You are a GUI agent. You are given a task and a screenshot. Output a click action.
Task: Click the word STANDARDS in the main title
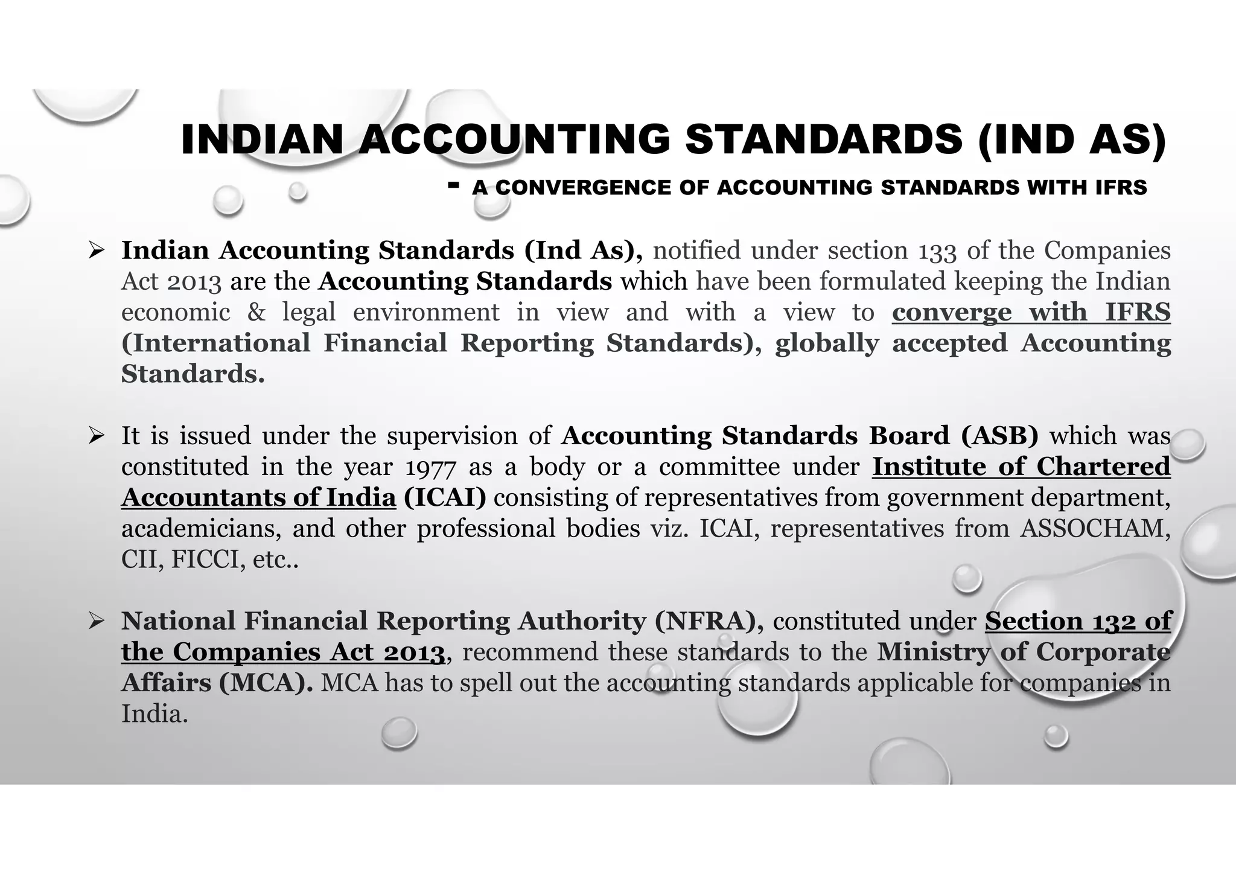[x=824, y=139]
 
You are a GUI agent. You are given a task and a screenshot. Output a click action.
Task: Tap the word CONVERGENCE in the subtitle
[x=583, y=188]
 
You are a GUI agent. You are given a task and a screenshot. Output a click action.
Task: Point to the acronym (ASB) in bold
[x=999, y=436]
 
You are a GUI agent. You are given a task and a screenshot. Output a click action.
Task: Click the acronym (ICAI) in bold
[x=445, y=498]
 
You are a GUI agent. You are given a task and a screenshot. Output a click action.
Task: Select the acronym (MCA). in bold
[x=266, y=683]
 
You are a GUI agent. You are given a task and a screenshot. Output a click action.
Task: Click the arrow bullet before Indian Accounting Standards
[x=97, y=250]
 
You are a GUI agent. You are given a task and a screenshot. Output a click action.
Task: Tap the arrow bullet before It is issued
[x=97, y=435]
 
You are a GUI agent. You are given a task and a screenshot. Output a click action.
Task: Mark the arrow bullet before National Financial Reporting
[x=97, y=621]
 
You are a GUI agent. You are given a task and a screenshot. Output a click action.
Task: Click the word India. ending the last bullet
[x=154, y=715]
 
